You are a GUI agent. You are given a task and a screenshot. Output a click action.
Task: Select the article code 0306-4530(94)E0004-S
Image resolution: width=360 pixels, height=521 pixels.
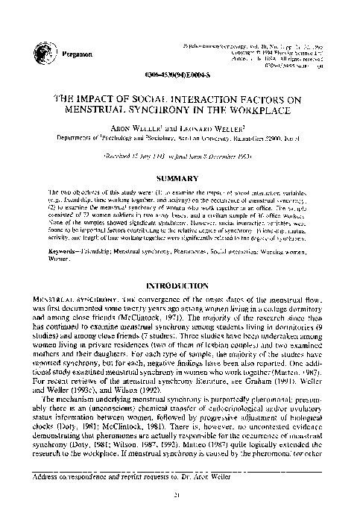click(x=180, y=78)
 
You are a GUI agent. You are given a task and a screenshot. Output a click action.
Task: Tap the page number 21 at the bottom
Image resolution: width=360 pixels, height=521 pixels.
click(x=180, y=496)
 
